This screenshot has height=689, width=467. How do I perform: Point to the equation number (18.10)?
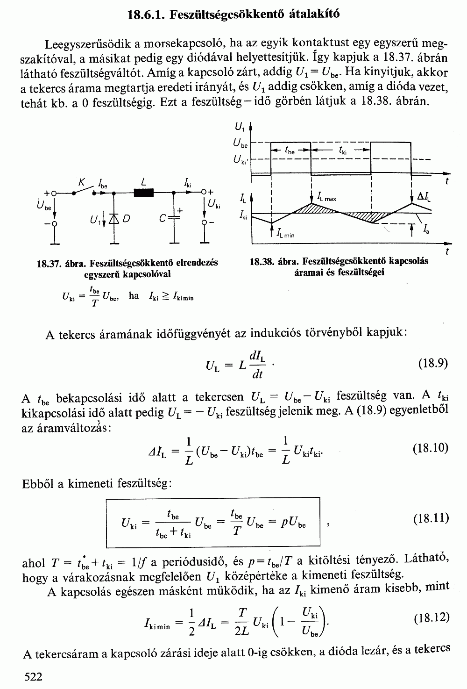[x=431, y=448]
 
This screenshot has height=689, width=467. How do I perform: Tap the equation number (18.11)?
[x=431, y=518]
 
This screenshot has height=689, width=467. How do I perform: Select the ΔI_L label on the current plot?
[x=424, y=197]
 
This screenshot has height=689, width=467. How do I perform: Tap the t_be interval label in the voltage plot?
[x=290, y=151]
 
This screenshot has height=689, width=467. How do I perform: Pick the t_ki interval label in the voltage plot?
[x=343, y=151]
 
